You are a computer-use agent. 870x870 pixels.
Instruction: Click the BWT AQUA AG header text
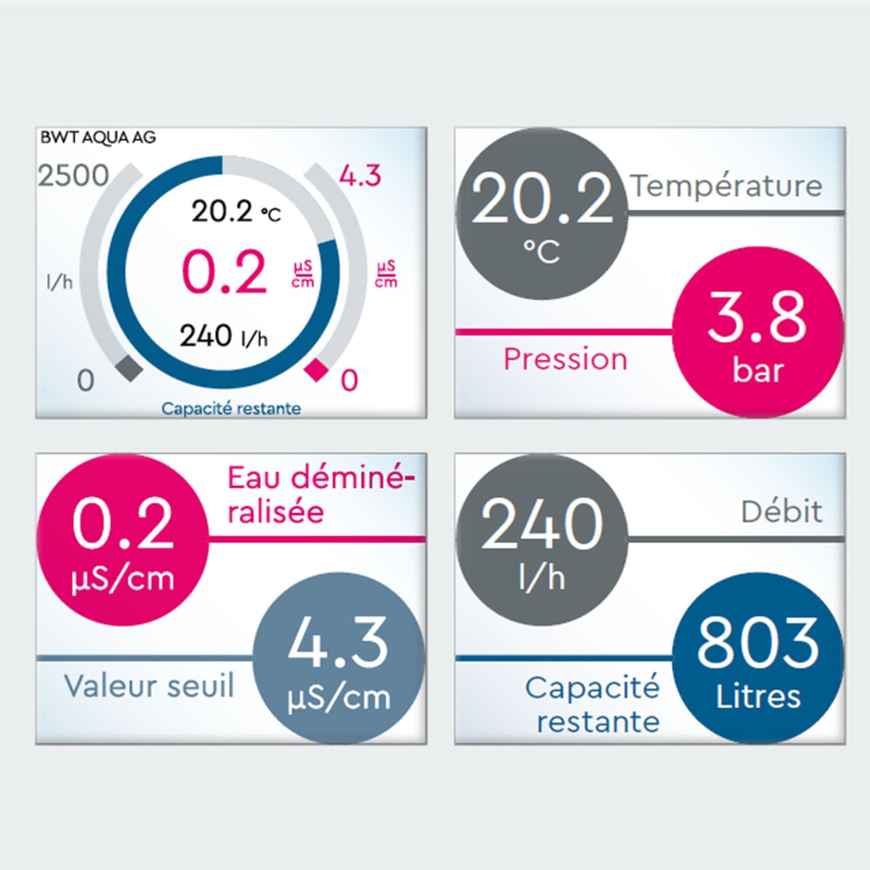(98, 137)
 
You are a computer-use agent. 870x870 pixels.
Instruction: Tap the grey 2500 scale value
(73, 175)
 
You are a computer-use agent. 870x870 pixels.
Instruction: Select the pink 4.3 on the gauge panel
(360, 176)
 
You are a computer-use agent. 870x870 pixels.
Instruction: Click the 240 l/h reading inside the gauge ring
(224, 336)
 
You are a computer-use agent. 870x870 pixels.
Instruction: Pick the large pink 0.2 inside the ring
(224, 272)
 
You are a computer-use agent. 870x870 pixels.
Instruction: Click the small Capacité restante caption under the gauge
(231, 408)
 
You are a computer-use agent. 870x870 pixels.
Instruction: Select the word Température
(727, 186)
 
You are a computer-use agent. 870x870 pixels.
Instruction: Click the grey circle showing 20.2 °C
(542, 213)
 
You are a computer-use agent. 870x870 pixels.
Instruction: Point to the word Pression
(565, 359)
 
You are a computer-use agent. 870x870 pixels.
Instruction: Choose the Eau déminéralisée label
(319, 494)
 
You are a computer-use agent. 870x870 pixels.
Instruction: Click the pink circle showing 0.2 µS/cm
(122, 539)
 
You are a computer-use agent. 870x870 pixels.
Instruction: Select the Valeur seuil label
(149, 686)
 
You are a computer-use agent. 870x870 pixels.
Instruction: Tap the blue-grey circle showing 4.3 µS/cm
(338, 658)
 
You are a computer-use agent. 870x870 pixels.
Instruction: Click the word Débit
(782, 512)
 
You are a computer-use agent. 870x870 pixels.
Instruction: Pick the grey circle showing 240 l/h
(542, 539)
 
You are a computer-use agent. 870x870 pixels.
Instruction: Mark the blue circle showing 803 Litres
(757, 658)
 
